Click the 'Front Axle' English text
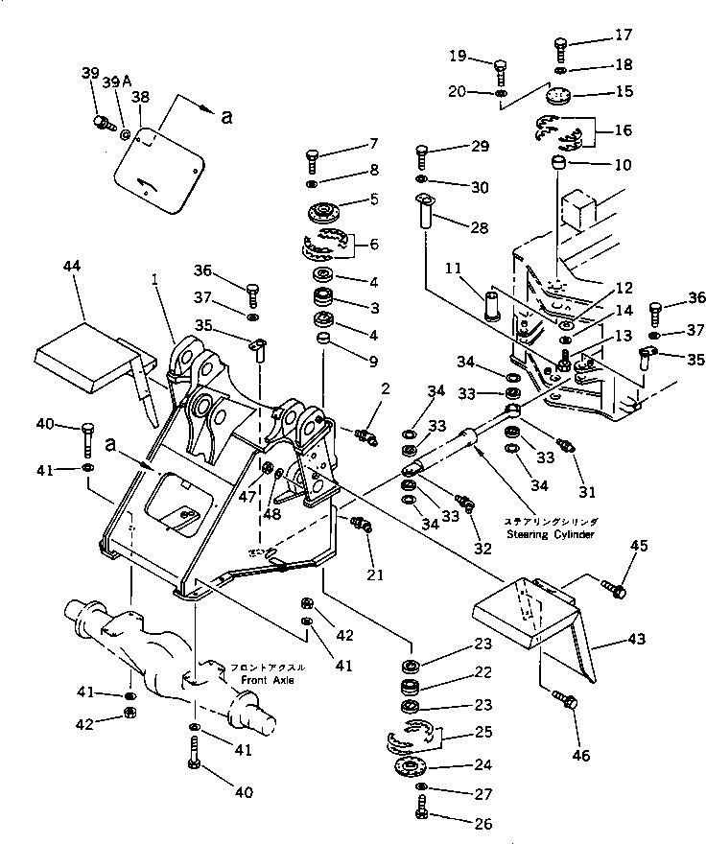[270, 678]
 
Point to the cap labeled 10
[556, 168]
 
